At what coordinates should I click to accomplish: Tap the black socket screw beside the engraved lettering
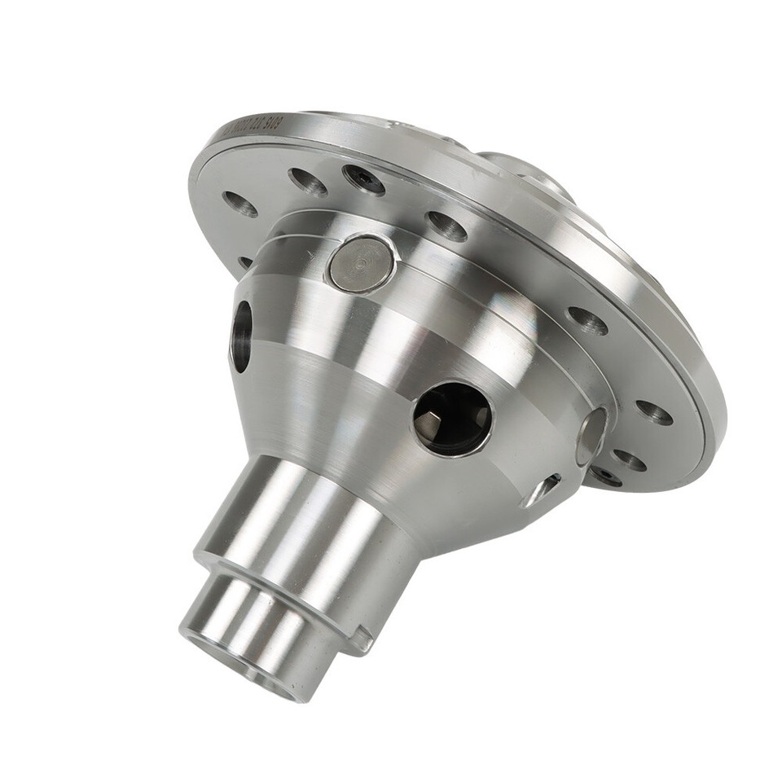[363, 179]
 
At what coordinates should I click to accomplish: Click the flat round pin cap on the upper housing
[361, 263]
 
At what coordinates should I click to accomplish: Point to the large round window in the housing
[452, 418]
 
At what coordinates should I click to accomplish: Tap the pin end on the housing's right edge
[591, 436]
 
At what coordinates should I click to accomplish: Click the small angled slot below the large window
[542, 490]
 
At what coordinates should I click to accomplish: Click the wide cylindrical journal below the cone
[310, 521]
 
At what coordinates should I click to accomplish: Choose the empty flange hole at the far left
[240, 204]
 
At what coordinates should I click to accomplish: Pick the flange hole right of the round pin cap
[446, 226]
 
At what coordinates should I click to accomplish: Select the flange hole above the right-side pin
[586, 320]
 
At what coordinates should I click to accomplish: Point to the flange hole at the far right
[654, 412]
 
